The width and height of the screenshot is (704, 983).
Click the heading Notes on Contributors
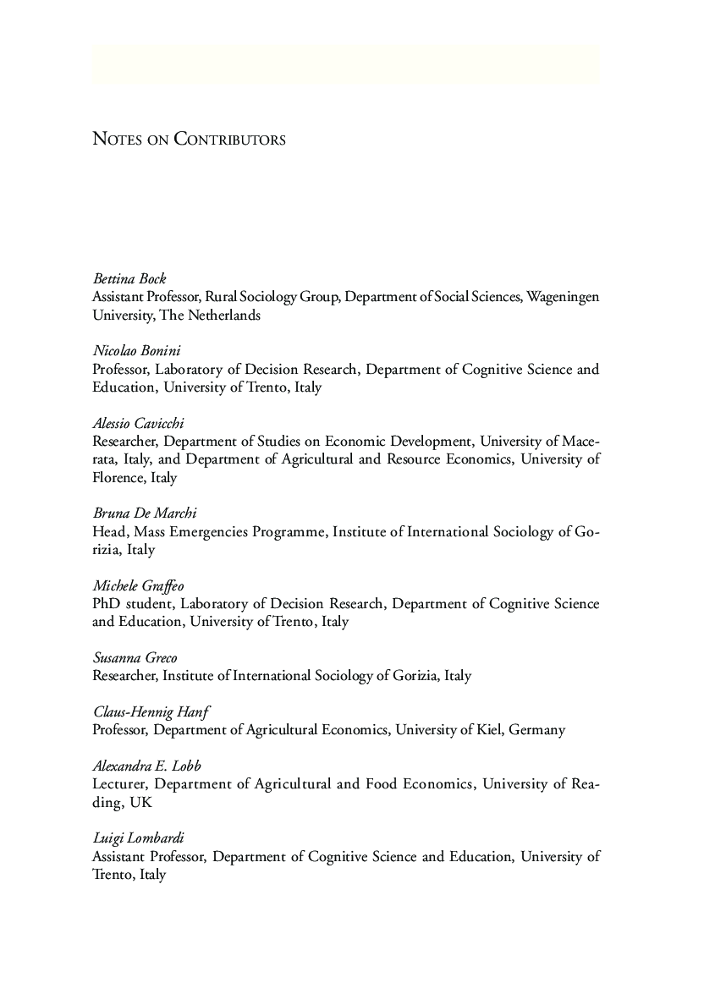(189, 139)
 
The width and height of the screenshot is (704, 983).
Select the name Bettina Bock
(129, 278)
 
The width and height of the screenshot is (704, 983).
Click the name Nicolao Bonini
(136, 350)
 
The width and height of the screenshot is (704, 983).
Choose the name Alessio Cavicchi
(138, 423)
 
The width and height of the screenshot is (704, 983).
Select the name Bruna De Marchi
(144, 513)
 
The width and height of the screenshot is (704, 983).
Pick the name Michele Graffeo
(138, 585)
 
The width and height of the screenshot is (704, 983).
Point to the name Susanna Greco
(135, 657)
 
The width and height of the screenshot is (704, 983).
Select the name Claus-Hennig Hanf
(151, 711)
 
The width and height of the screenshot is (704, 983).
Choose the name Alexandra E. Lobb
(146, 766)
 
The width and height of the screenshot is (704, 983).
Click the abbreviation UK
(140, 802)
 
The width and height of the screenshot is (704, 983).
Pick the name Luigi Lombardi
(138, 837)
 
